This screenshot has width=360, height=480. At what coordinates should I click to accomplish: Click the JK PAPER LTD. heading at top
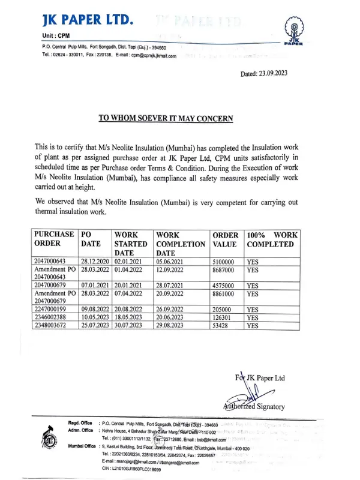coord(88,19)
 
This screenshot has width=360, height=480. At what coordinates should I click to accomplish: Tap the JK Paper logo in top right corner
coord(293,33)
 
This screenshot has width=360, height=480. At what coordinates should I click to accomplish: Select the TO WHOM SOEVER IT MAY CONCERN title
coord(166,118)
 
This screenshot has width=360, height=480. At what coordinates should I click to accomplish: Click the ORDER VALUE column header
coord(225,239)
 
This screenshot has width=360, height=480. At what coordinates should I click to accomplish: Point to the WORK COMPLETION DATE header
coord(180,244)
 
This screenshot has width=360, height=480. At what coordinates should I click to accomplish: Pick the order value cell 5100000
coord(226,262)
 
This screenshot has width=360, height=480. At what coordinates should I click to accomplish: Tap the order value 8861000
coord(226,294)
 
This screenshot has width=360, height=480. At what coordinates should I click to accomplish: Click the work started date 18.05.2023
coord(130,317)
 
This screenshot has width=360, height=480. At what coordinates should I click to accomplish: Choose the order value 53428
coord(222,326)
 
